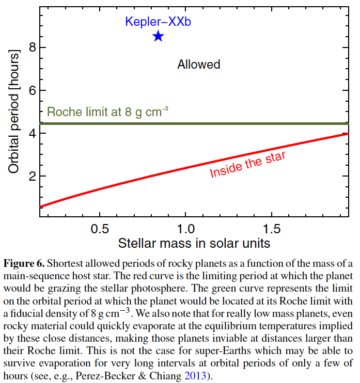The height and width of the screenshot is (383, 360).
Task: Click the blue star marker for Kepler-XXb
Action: tap(158, 36)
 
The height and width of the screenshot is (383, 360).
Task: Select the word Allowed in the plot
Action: tap(199, 65)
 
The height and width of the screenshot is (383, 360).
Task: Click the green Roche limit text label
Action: tap(108, 112)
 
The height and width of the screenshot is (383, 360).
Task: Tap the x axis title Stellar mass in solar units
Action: tap(194, 243)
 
